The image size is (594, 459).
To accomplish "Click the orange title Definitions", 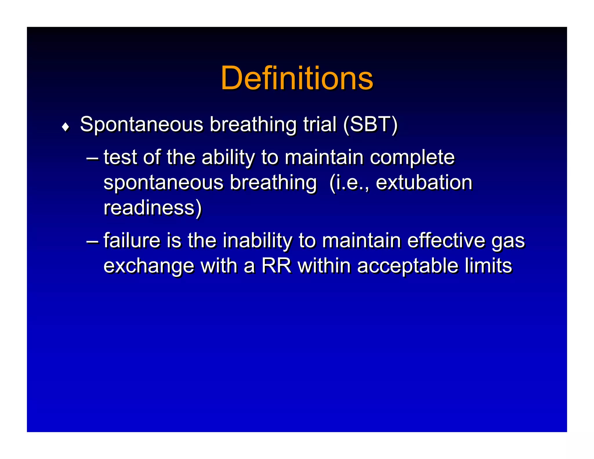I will tap(297, 78).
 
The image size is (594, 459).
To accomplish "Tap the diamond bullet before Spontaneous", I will tap(66, 127).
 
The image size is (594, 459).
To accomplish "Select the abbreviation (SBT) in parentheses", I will tap(370, 125).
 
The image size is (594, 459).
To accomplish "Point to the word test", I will tap(120, 157).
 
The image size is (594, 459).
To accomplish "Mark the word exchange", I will tap(149, 266).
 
